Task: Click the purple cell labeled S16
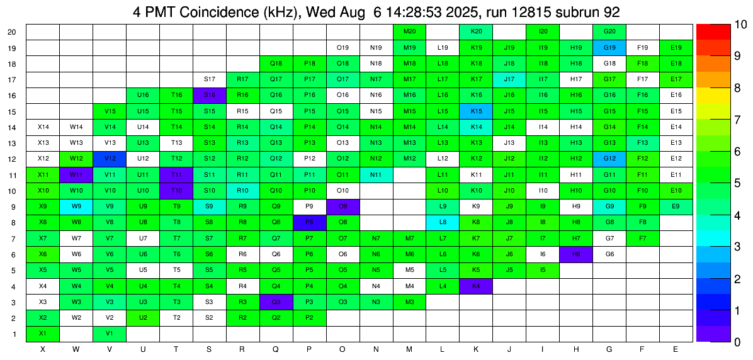[210, 95]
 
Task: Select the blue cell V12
[110, 159]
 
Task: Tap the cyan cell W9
[76, 206]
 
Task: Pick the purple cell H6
[576, 254]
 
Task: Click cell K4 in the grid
[476, 286]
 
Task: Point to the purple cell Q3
[276, 301]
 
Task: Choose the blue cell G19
[609, 47]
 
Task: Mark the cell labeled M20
[409, 31]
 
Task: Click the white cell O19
[343, 47]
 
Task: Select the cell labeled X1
[43, 334]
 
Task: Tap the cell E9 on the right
[676, 206]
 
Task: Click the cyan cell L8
[443, 222]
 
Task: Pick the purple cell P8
[309, 222]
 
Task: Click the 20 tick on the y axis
[12, 31]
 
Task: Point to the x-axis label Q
[276, 349]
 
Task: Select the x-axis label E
[676, 349]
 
